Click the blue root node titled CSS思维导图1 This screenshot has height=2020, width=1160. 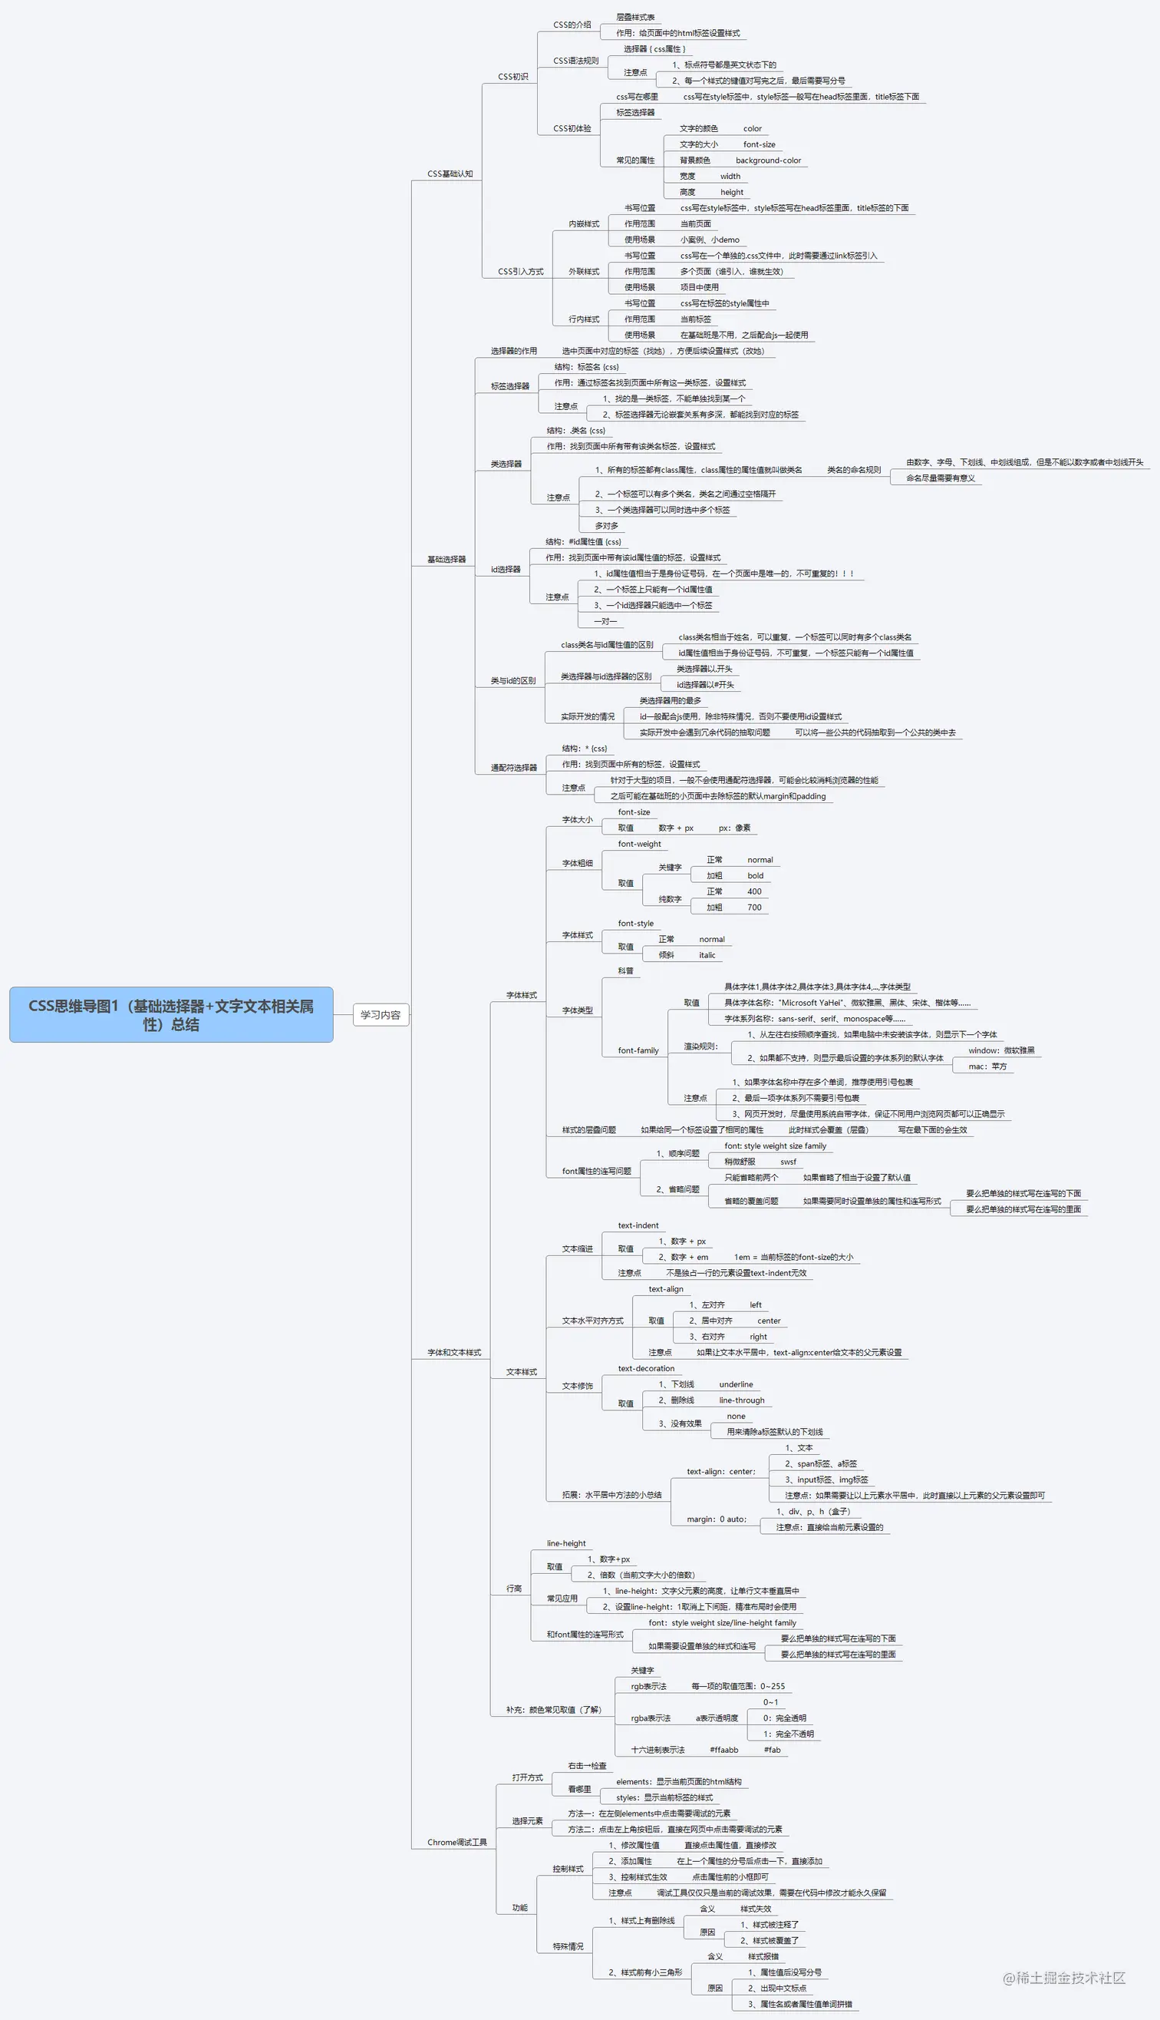pos(170,1015)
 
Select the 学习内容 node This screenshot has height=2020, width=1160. pos(380,1015)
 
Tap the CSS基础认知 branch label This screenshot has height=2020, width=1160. pos(450,174)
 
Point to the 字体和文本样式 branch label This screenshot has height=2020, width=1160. pos(453,1353)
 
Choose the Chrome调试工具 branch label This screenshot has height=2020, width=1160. pos(456,1842)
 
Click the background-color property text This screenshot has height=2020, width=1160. pos(768,160)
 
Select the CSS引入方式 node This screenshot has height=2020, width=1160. pos(520,272)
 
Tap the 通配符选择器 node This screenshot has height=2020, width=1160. pos(513,768)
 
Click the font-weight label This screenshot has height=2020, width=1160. pos(639,845)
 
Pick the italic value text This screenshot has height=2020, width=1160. pos(707,955)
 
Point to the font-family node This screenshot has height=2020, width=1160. pos(638,1050)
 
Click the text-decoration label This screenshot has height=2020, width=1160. pos(645,1369)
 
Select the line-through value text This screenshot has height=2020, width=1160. pos(741,1400)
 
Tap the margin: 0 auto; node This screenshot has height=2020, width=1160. pos(717,1519)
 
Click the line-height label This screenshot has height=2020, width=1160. pos(565,1543)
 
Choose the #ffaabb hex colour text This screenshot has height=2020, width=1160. pos(723,1750)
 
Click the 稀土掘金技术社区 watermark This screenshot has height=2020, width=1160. pos(1063,1978)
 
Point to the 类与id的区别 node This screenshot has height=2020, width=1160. pos(512,681)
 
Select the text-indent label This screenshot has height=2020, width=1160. pos(638,1225)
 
